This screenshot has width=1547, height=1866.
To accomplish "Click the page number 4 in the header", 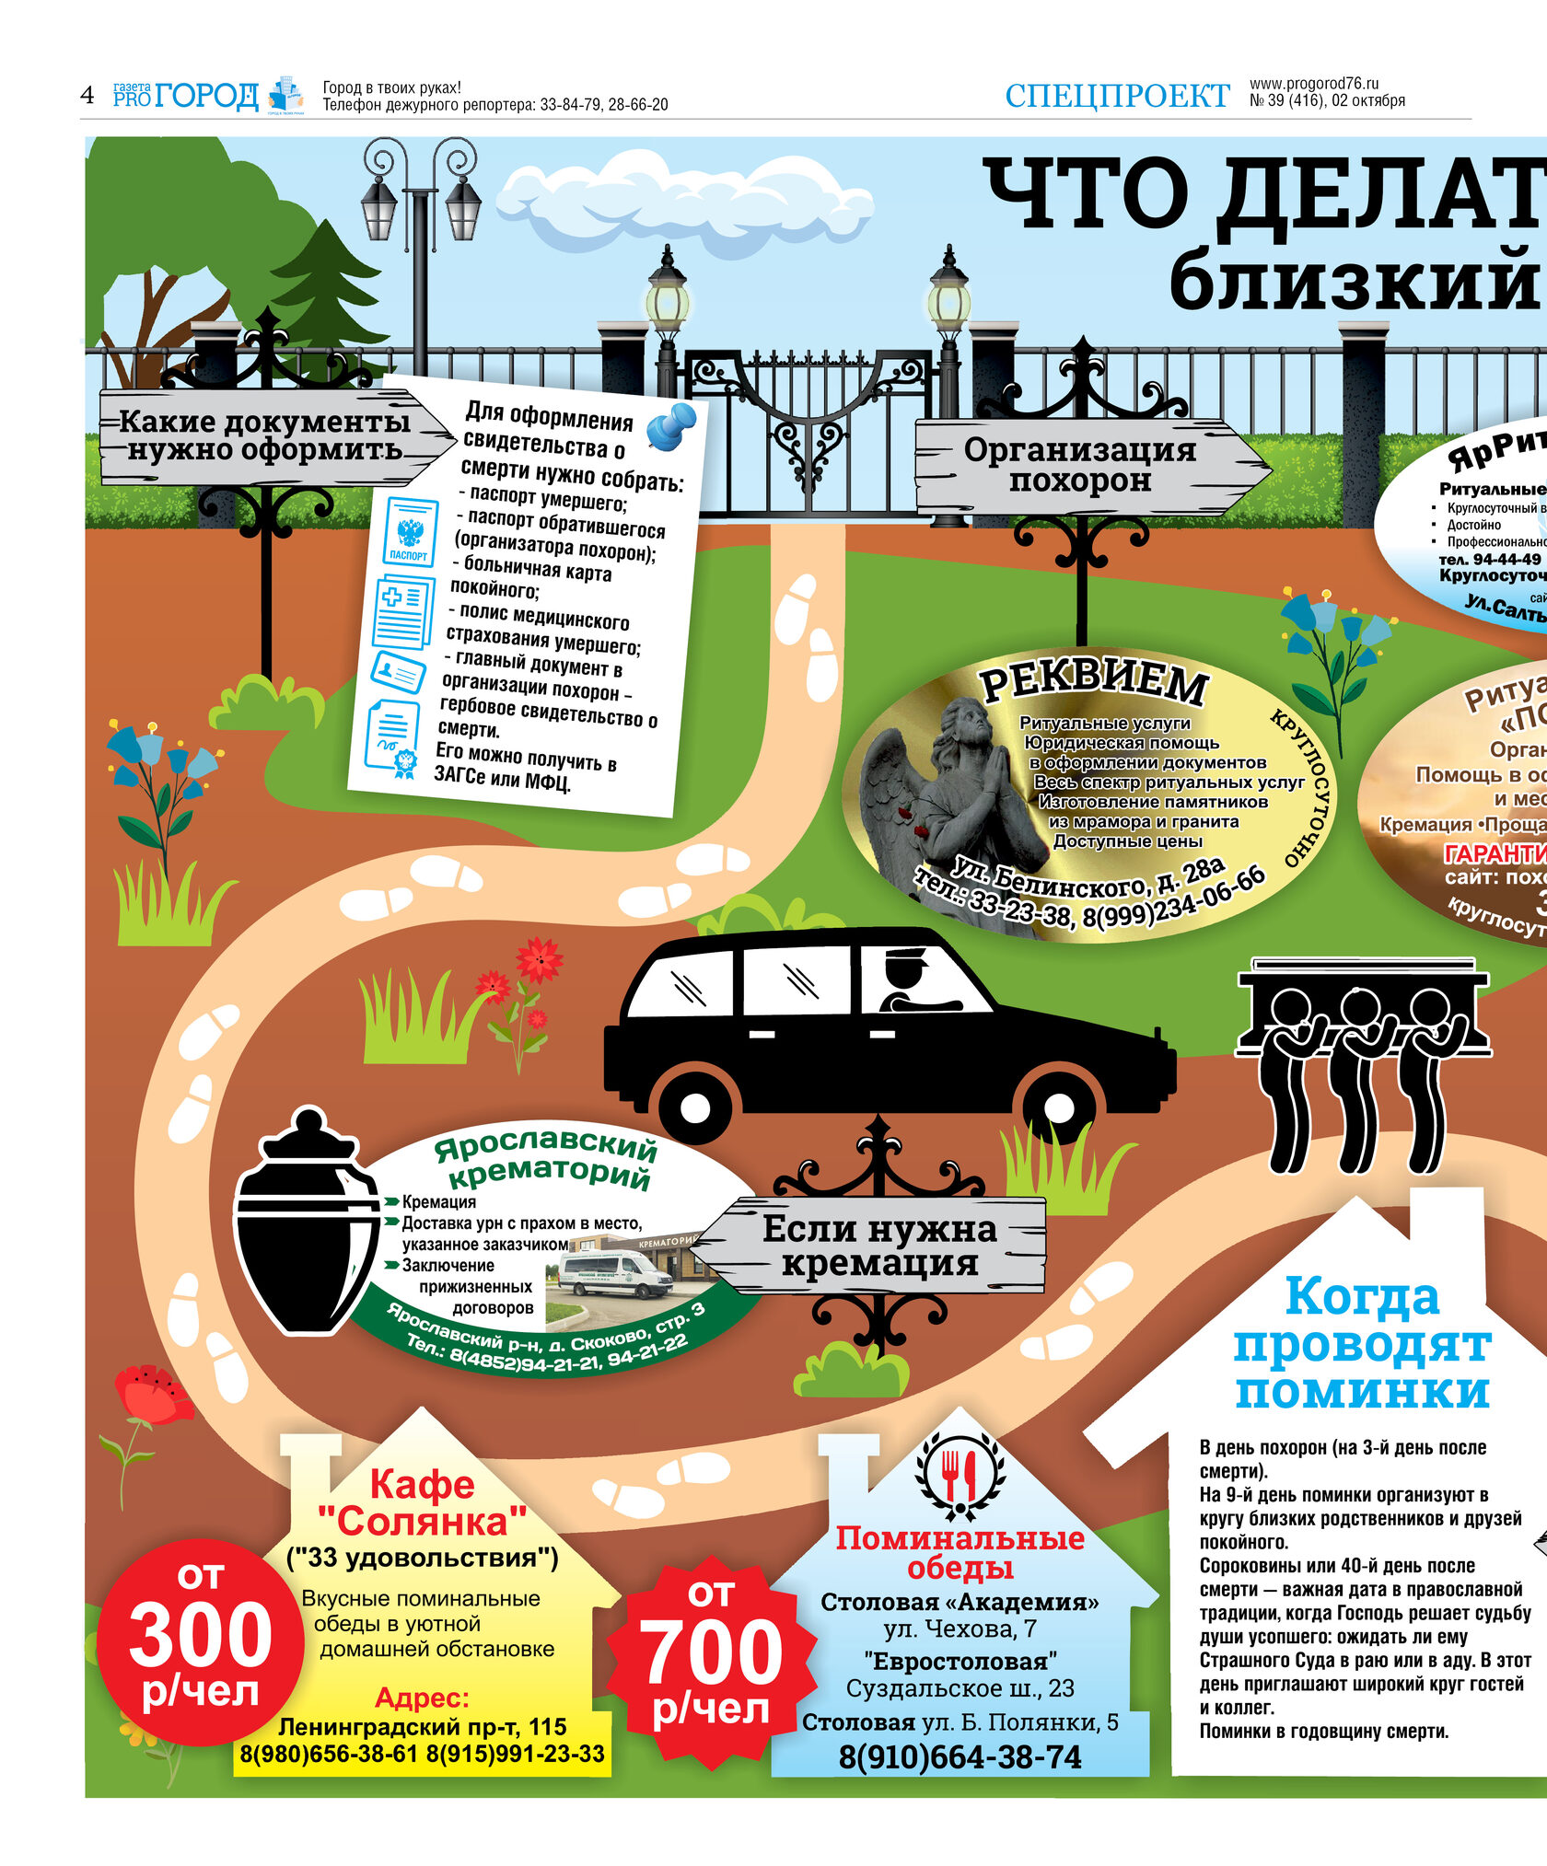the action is (x=87, y=95).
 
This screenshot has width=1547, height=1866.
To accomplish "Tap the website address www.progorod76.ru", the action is (x=1313, y=84).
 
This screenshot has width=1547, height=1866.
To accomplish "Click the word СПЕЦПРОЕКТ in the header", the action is (x=1116, y=96).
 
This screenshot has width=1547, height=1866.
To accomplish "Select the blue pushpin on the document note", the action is (x=671, y=425).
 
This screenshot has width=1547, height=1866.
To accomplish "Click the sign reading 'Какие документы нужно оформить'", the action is (x=267, y=436).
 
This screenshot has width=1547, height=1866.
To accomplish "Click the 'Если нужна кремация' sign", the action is (x=879, y=1246).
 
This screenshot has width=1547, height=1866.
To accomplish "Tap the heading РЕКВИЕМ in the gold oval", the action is (x=1093, y=682).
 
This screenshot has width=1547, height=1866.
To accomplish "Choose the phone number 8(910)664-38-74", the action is (x=960, y=1756).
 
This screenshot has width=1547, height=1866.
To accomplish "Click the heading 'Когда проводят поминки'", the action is (x=1361, y=1343).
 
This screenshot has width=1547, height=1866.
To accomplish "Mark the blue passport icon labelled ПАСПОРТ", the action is (x=409, y=531).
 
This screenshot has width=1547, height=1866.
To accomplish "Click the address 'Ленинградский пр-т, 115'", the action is (x=422, y=1727).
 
